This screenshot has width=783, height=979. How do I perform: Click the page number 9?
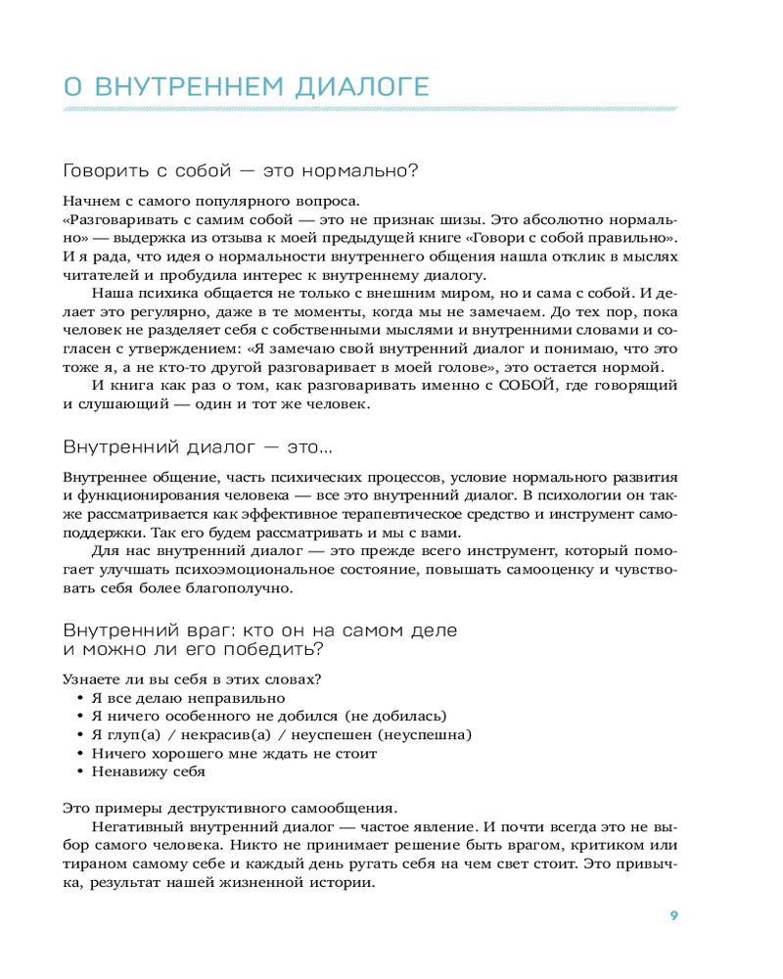673,915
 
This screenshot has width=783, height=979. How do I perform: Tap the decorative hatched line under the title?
369,110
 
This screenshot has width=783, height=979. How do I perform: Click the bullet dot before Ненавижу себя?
80,771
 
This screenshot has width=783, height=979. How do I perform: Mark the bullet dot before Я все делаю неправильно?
80,698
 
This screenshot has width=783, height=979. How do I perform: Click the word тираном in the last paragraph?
91,863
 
